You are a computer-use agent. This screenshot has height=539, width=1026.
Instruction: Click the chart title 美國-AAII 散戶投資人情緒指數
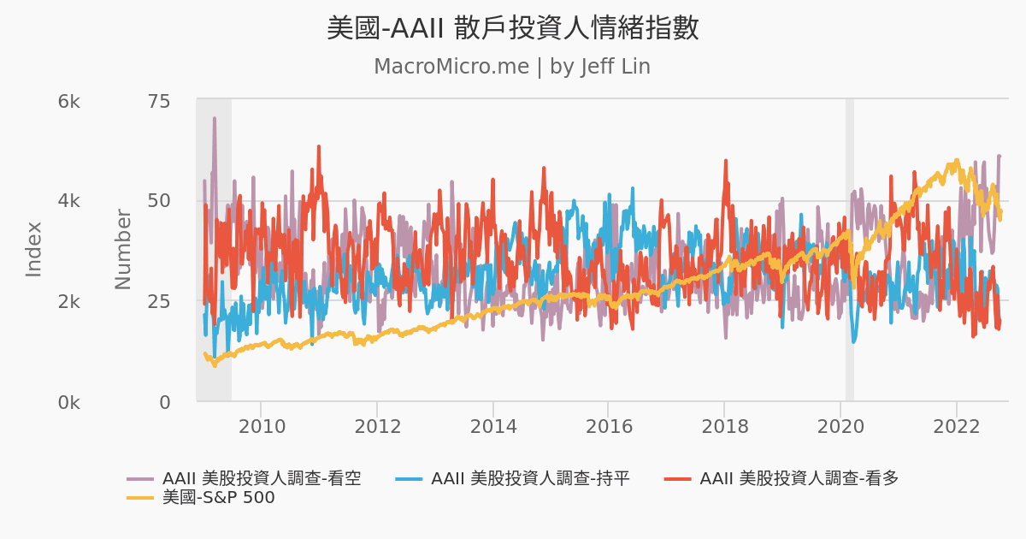pyautogui.click(x=512, y=28)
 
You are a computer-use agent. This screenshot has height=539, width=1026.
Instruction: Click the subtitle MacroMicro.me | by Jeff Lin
pyautogui.click(x=512, y=67)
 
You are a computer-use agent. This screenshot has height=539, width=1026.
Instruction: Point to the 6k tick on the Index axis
pyautogui.click(x=68, y=102)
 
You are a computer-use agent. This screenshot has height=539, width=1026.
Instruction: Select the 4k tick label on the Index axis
pyautogui.click(x=68, y=201)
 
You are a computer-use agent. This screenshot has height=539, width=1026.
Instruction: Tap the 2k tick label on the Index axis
pyautogui.click(x=68, y=302)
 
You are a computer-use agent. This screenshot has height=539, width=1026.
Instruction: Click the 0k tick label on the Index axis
pyautogui.click(x=68, y=402)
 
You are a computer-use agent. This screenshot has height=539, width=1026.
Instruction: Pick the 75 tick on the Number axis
pyautogui.click(x=159, y=102)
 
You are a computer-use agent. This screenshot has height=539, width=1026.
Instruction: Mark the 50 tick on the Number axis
pyautogui.click(x=159, y=201)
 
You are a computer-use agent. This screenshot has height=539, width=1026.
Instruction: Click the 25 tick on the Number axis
pyautogui.click(x=159, y=302)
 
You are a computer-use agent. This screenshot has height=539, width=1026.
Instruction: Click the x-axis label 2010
pyautogui.click(x=261, y=426)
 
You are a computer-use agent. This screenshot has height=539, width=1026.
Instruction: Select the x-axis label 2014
pyautogui.click(x=492, y=426)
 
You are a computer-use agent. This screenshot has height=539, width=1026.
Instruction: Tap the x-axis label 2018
pyautogui.click(x=724, y=426)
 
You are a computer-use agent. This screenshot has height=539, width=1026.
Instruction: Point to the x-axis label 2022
pyautogui.click(x=956, y=426)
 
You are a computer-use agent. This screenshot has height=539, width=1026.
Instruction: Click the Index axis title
pyautogui.click(x=34, y=249)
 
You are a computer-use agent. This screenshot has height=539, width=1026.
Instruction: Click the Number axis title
pyautogui.click(x=124, y=249)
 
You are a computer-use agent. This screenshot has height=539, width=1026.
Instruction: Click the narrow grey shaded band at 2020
pyautogui.click(x=850, y=249)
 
